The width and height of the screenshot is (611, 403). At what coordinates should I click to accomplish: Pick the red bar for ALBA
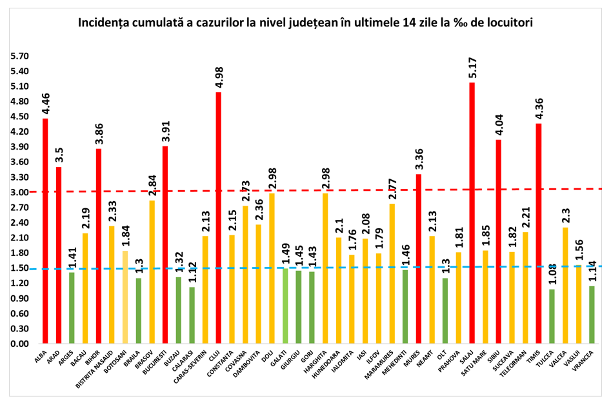pos(45,231)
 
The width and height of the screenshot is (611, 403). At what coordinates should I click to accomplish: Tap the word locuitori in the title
pos(510,22)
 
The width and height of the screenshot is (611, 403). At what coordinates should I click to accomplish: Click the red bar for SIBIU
pos(499,242)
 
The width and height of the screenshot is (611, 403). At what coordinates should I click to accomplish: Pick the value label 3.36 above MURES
pos(419,159)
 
